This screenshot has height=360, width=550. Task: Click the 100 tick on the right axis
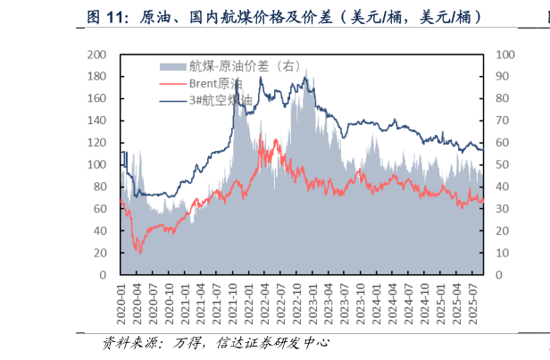pyautogui.click(x=503, y=54)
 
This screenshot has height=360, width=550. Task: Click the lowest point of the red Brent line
pyautogui.click(x=140, y=252)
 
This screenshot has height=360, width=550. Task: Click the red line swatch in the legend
pyautogui.click(x=172, y=82)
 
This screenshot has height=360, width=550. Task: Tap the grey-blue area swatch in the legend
pyautogui.click(x=172, y=65)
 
